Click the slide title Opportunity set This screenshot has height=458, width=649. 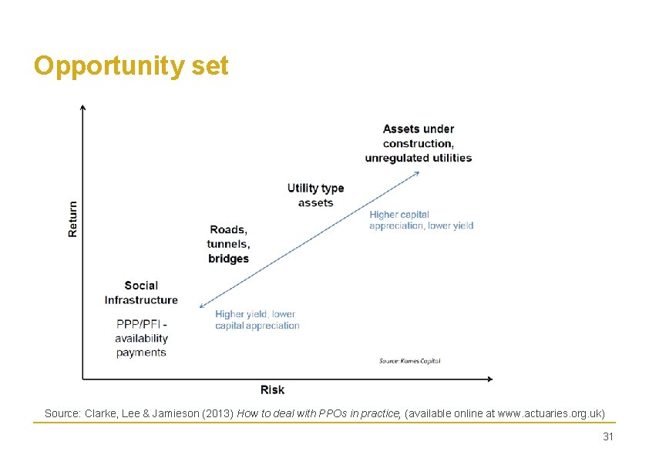click(131, 66)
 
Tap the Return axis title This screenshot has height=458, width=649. click(73, 219)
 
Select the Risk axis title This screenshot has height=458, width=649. click(272, 390)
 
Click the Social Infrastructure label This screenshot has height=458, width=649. click(141, 293)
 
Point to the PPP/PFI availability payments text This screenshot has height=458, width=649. click(141, 339)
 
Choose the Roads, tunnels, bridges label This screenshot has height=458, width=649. click(228, 244)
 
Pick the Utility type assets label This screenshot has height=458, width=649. click(315, 196)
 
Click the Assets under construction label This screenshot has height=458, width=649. click(419, 143)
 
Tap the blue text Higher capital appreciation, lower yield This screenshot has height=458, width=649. click(421, 220)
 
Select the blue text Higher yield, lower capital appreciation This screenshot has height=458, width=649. click(257, 319)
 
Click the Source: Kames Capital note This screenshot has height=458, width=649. click(409, 360)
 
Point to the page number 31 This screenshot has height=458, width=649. click(607, 436)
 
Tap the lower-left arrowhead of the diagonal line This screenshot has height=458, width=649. click(201, 306)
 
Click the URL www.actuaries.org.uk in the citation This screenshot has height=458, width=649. click(551, 413)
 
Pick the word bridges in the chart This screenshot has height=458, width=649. click(228, 259)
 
